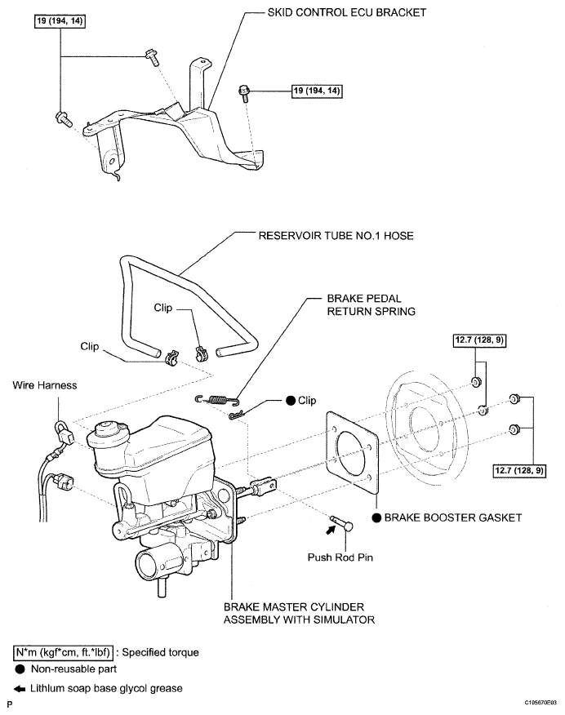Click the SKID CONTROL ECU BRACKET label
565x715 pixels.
tap(346, 12)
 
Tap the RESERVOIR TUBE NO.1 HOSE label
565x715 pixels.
tap(336, 236)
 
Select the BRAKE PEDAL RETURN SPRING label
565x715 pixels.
tap(371, 305)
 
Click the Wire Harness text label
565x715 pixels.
tap(45, 385)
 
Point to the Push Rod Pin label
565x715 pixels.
tap(340, 557)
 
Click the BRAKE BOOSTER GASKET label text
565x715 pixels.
tap(453, 517)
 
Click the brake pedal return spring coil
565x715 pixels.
tap(217, 400)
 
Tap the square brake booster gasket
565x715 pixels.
tap(352, 454)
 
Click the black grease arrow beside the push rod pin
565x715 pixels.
tap(330, 529)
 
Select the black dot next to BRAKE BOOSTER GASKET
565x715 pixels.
tap(376, 517)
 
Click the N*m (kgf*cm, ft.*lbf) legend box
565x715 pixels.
tap(63, 652)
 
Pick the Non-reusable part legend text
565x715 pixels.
tap(73, 669)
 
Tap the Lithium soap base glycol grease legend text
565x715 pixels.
tap(106, 689)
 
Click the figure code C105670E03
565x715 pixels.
tap(541, 703)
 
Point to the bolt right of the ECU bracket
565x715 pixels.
tap(244, 91)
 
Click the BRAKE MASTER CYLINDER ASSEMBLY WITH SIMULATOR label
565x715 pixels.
tap(299, 613)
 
